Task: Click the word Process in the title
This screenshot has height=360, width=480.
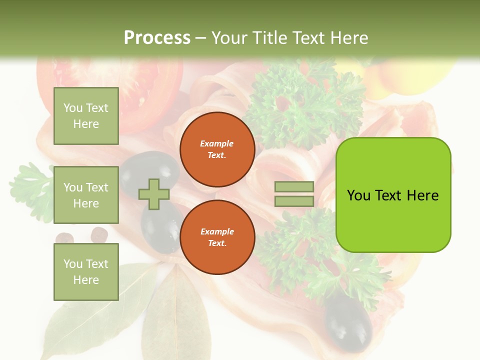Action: (x=157, y=38)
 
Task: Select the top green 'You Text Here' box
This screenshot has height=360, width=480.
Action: (x=86, y=116)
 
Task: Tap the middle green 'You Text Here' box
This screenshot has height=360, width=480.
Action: (x=86, y=195)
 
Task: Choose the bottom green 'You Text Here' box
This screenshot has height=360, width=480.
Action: (x=86, y=271)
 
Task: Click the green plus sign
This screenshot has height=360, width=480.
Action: (x=154, y=194)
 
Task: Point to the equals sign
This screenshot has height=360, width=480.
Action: (x=294, y=194)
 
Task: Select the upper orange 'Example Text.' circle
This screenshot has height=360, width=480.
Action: (x=217, y=149)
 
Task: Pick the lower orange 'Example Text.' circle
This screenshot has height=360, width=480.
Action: (x=217, y=237)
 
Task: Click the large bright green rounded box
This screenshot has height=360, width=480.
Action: (x=393, y=195)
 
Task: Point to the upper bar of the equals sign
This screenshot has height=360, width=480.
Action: (x=294, y=187)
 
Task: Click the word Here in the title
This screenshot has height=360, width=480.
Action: (x=349, y=38)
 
